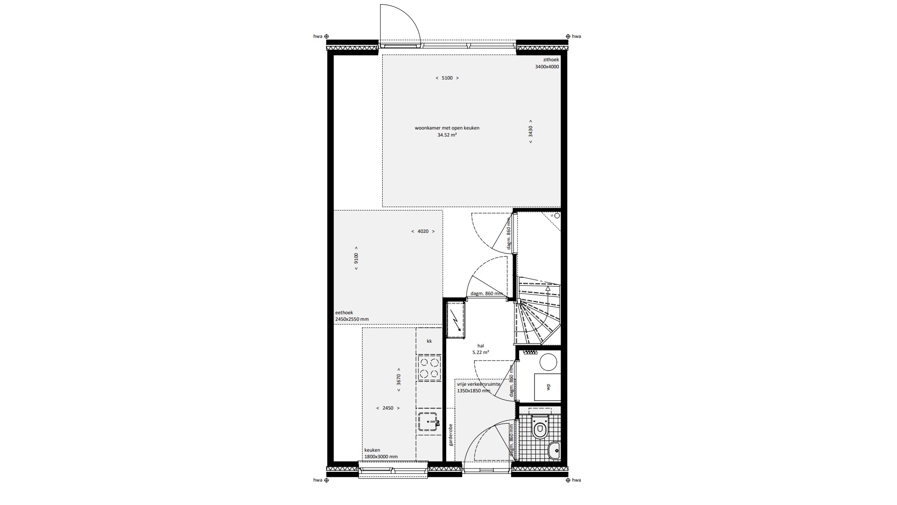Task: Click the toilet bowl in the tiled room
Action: pyautogui.click(x=541, y=427)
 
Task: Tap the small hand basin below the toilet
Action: pyautogui.click(x=554, y=451)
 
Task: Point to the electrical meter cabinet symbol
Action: pyautogui.click(x=456, y=320)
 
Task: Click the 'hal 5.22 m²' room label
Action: pyautogui.click(x=480, y=349)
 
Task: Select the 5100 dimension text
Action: pyautogui.click(x=447, y=78)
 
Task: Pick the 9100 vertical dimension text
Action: pyautogui.click(x=356, y=258)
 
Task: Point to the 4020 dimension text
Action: pyautogui.click(x=423, y=231)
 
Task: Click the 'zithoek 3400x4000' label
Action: pyautogui.click(x=547, y=63)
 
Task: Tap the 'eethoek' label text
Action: pyautogui.click(x=344, y=312)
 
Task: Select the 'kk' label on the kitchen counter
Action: pyautogui.click(x=429, y=341)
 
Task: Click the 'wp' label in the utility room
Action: pyautogui.click(x=548, y=387)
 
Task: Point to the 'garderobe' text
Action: pyautogui.click(x=451, y=434)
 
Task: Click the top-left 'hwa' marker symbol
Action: pyautogui.click(x=327, y=36)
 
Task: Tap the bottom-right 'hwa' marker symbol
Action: pyautogui.click(x=568, y=480)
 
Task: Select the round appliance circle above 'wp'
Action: pyautogui.click(x=548, y=362)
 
